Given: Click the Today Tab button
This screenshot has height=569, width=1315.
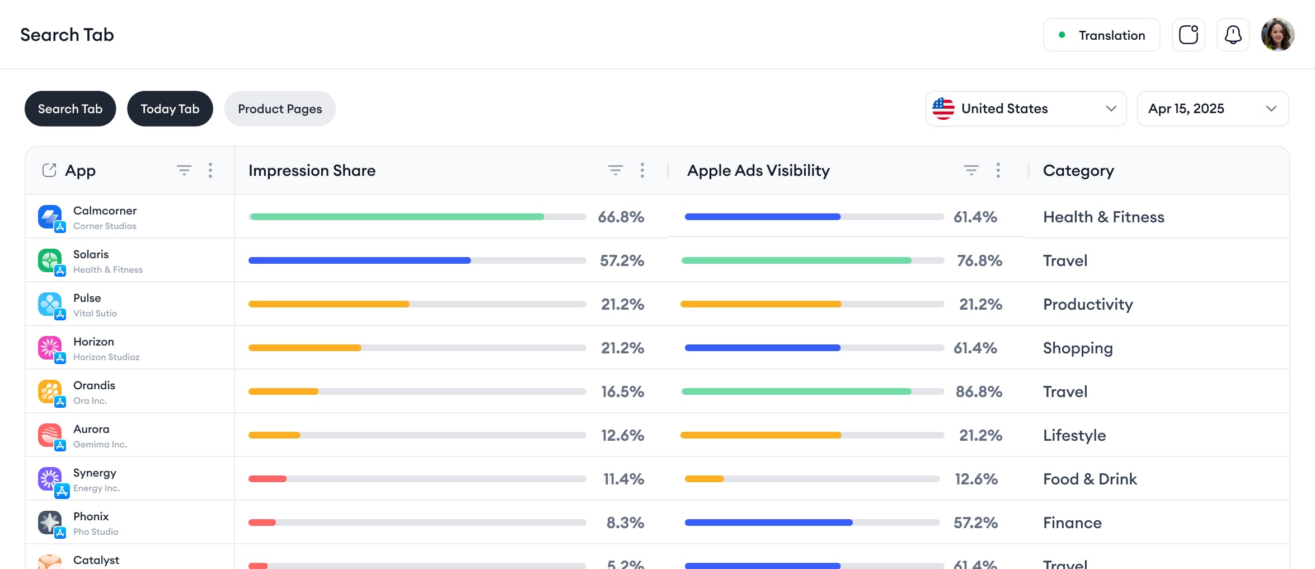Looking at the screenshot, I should [170, 109].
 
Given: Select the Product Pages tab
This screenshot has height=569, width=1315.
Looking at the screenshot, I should [280, 109].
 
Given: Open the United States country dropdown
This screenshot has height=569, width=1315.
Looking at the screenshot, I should [1025, 109].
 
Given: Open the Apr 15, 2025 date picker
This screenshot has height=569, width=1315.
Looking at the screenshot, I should [1212, 109].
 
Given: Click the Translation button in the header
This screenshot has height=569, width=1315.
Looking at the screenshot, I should [1101, 35].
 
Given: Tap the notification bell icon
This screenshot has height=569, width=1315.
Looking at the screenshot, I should [1233, 35].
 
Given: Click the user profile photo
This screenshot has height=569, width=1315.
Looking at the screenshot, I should [1278, 35].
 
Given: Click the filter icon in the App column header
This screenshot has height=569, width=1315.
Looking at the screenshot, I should [184, 170].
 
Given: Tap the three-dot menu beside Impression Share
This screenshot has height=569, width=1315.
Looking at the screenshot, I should [642, 170].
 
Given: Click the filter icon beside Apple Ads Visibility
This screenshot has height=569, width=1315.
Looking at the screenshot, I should [971, 170].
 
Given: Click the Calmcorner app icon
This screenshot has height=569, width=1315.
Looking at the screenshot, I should [50, 217].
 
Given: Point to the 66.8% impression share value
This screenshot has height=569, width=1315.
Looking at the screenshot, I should [621, 217].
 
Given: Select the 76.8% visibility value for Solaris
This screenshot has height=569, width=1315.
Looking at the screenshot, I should [979, 260].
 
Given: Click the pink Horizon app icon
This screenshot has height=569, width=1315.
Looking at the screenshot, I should [50, 348].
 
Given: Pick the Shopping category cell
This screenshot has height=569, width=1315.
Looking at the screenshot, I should [1077, 348].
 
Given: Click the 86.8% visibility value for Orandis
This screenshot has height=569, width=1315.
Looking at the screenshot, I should [978, 391].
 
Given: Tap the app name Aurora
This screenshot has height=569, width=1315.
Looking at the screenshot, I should [91, 429].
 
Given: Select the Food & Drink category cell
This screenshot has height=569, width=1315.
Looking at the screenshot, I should [1089, 479].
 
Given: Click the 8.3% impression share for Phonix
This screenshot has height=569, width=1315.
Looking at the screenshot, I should [625, 523].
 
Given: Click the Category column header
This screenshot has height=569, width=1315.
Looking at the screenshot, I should [1078, 170].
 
